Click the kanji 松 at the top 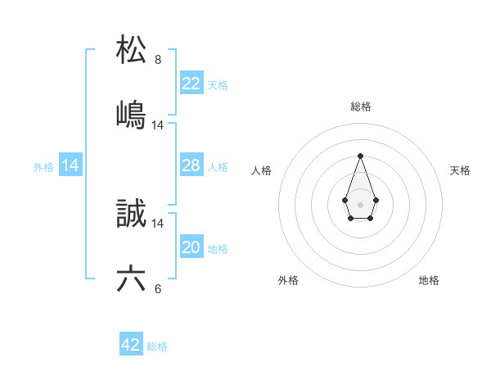[131, 49]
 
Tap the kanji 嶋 [131, 115]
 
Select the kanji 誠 [131, 214]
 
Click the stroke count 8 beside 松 [158, 60]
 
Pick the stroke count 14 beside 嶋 [158, 125]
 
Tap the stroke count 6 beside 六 [158, 289]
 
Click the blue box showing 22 [191, 83]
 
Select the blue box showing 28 [191, 165]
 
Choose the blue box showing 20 [191, 247]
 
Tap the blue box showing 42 [131, 345]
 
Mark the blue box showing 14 [70, 165]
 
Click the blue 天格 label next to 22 [218, 84]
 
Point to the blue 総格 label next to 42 [157, 346]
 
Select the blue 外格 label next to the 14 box [43, 167]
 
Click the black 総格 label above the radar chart [360, 106]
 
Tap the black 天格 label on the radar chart [460, 170]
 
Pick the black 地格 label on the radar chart [429, 280]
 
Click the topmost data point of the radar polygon [360, 156]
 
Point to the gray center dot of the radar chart [360, 203]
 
